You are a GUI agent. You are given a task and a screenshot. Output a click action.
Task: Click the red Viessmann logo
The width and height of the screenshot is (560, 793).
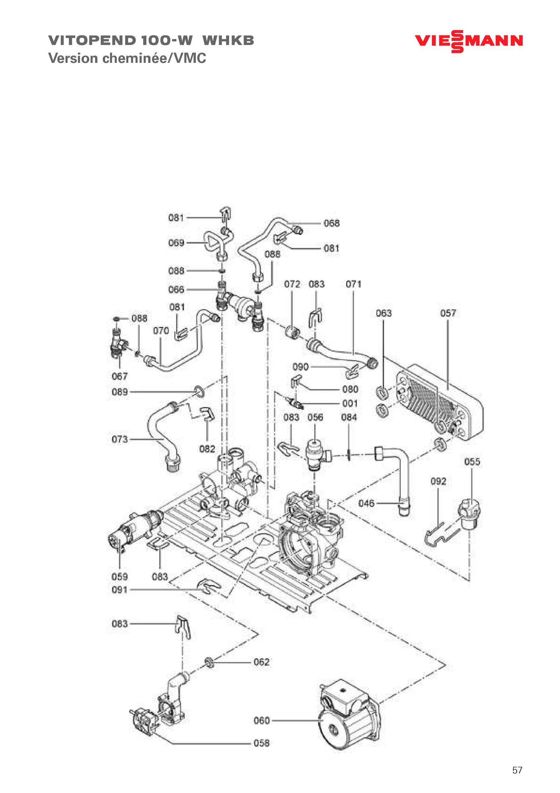click(x=469, y=41)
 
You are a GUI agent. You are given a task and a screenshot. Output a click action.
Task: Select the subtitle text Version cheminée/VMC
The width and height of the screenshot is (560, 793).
click(x=127, y=59)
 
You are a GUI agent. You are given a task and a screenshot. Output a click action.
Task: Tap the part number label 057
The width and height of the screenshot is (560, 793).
click(x=448, y=313)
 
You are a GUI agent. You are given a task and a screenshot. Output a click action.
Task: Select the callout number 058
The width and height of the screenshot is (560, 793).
click(x=261, y=743)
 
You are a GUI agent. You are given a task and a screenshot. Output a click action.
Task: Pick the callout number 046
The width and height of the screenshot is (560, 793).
click(x=366, y=504)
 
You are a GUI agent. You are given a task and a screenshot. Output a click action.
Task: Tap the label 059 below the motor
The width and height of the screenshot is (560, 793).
click(x=120, y=576)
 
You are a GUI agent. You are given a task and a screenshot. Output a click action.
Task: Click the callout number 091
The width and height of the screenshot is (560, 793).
click(x=120, y=590)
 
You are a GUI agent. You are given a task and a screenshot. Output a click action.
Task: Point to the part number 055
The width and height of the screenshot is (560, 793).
click(x=472, y=462)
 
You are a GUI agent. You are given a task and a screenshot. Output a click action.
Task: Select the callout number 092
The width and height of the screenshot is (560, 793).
click(x=438, y=482)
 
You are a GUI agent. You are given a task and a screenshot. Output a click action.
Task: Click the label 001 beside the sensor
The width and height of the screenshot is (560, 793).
click(x=350, y=403)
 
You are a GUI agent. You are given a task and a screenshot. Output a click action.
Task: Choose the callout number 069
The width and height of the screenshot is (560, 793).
click(x=176, y=242)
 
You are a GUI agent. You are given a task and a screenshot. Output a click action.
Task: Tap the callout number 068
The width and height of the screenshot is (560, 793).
click(x=332, y=223)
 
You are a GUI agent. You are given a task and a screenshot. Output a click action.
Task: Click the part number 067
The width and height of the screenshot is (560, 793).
click(x=120, y=376)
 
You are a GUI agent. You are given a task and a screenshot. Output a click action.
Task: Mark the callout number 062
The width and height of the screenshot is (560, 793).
click(x=261, y=662)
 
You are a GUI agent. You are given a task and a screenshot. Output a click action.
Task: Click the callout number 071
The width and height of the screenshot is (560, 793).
click(x=353, y=284)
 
